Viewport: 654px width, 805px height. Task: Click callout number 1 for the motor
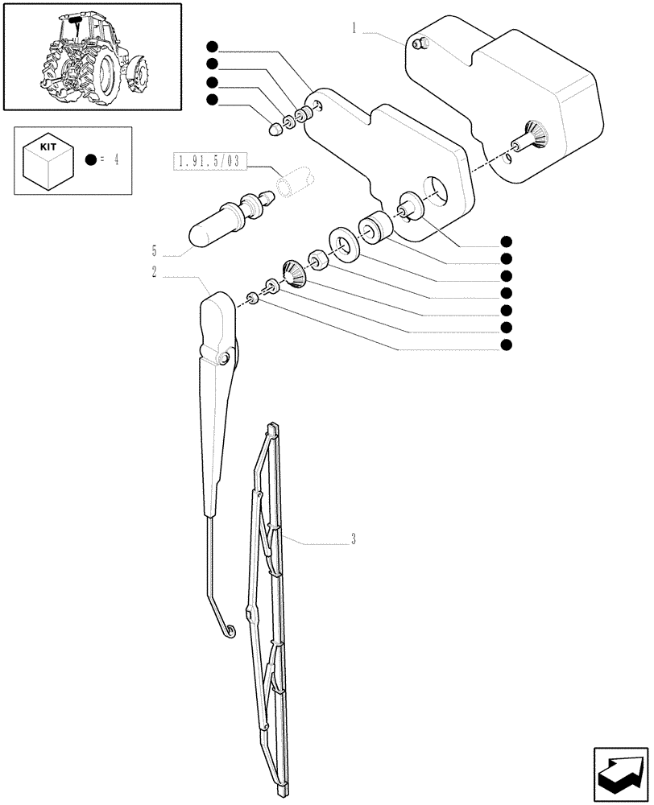(x=354, y=29)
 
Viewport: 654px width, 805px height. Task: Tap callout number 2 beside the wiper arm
(x=154, y=272)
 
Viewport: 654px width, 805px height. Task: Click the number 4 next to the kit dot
(x=117, y=159)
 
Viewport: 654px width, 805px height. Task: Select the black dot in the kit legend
(x=92, y=159)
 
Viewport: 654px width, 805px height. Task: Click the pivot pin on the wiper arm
(x=226, y=357)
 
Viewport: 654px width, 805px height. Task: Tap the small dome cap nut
(x=274, y=127)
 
